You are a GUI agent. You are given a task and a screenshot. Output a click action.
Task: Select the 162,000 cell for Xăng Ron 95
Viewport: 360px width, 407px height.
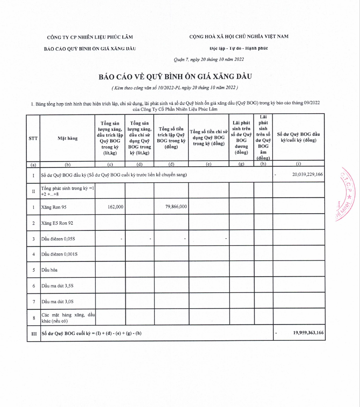click(x=115, y=207)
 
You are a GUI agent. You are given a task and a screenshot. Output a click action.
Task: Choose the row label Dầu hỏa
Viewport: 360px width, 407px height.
click(x=49, y=270)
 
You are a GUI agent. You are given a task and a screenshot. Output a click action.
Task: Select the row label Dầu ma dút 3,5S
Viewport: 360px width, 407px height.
click(x=57, y=286)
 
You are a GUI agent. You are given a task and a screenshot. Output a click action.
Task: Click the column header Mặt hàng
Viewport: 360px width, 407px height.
click(x=67, y=138)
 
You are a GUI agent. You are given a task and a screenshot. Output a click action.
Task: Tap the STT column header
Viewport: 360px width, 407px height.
click(x=34, y=138)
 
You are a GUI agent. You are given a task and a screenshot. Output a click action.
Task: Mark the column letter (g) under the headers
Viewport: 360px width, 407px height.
click(x=241, y=164)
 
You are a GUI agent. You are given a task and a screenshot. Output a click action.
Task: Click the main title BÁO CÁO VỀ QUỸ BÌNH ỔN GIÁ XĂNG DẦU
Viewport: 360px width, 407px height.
click(x=176, y=77)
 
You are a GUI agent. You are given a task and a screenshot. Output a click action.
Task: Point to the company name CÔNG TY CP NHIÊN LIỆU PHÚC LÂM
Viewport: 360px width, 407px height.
click(x=90, y=37)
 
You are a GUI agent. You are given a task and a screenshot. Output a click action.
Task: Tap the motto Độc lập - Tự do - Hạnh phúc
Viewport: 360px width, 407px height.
click(x=239, y=48)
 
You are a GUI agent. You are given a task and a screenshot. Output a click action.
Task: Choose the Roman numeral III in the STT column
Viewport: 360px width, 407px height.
click(x=34, y=333)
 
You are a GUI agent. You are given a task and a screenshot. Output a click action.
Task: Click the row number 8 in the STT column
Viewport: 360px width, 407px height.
click(x=34, y=317)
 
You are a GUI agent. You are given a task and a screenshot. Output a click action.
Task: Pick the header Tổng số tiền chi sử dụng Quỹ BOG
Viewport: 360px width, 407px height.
click(x=208, y=138)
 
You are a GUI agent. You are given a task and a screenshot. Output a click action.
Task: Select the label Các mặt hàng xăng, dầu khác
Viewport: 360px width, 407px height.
click(x=68, y=317)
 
